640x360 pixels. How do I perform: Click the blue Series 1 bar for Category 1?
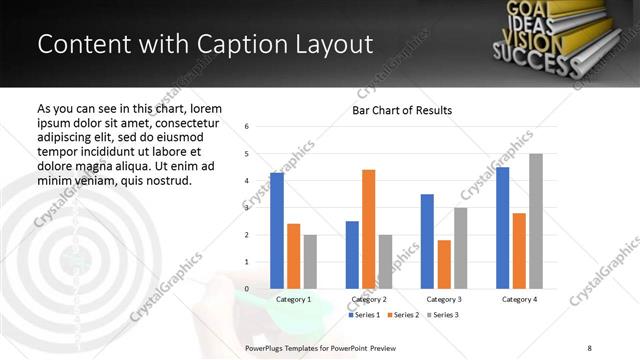pyautogui.click(x=277, y=231)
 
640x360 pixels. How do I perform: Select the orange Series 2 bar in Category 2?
pyautogui.click(x=368, y=229)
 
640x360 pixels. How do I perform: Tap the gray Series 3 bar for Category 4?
pyautogui.click(x=536, y=221)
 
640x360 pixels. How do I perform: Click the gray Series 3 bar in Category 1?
pyautogui.click(x=310, y=262)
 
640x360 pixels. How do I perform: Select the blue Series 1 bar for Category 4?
pyautogui.click(x=502, y=228)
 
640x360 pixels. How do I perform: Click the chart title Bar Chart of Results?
pyautogui.click(x=402, y=110)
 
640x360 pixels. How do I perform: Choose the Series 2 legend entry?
pyautogui.click(x=403, y=315)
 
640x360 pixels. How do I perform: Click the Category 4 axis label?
pyautogui.click(x=519, y=299)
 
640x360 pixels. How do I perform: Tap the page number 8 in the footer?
pyautogui.click(x=589, y=347)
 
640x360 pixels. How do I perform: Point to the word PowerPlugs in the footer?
pyautogui.click(x=265, y=347)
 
